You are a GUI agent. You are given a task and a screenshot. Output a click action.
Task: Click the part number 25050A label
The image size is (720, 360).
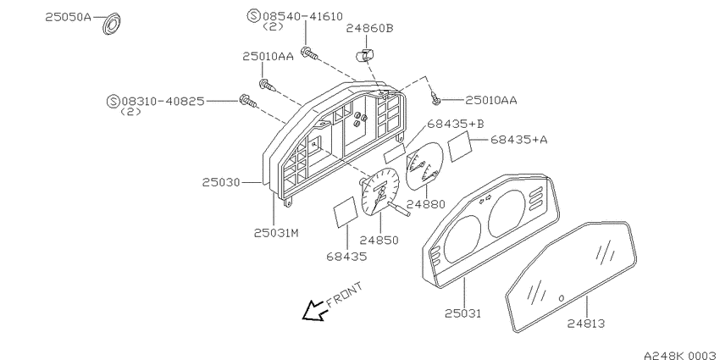pyautogui.click(x=69, y=18)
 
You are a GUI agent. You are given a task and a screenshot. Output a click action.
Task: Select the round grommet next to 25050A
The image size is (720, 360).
pyautogui.click(x=111, y=24)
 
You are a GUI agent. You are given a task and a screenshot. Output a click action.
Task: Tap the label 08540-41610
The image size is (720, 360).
pyautogui.click(x=302, y=17)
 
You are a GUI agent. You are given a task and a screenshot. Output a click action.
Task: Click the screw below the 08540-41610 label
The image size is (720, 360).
pyautogui.click(x=309, y=53)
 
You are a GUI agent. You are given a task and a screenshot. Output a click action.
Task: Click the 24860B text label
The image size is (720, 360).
pyautogui.click(x=369, y=29)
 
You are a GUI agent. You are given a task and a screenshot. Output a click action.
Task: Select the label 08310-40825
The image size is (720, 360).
pyautogui.click(x=163, y=101)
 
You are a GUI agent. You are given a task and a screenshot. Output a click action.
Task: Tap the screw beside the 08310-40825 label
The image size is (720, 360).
pyautogui.click(x=247, y=101)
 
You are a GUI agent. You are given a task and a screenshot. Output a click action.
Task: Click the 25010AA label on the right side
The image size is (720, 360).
pyautogui.click(x=490, y=100)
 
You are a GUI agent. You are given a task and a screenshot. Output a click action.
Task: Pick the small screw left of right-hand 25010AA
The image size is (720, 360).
pyautogui.click(x=435, y=97)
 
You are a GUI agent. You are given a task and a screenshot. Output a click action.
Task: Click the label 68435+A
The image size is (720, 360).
pyautogui.click(x=519, y=139)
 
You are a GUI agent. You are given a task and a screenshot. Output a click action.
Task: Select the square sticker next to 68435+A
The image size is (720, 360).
pyautogui.click(x=460, y=146)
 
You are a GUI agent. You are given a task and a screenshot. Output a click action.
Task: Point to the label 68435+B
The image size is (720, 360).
pyautogui.click(x=456, y=124)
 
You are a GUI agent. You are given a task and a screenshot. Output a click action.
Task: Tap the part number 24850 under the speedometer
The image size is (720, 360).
pyautogui.click(x=379, y=240)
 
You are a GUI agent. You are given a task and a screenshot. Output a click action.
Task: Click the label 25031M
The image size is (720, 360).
pyautogui.click(x=276, y=233)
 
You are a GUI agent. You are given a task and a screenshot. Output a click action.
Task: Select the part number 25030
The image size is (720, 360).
pyautogui.click(x=221, y=182)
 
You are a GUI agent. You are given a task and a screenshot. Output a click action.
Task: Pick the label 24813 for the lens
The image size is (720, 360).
pyautogui.click(x=585, y=324)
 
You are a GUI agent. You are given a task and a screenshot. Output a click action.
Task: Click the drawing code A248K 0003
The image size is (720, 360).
pyautogui.click(x=681, y=356)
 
